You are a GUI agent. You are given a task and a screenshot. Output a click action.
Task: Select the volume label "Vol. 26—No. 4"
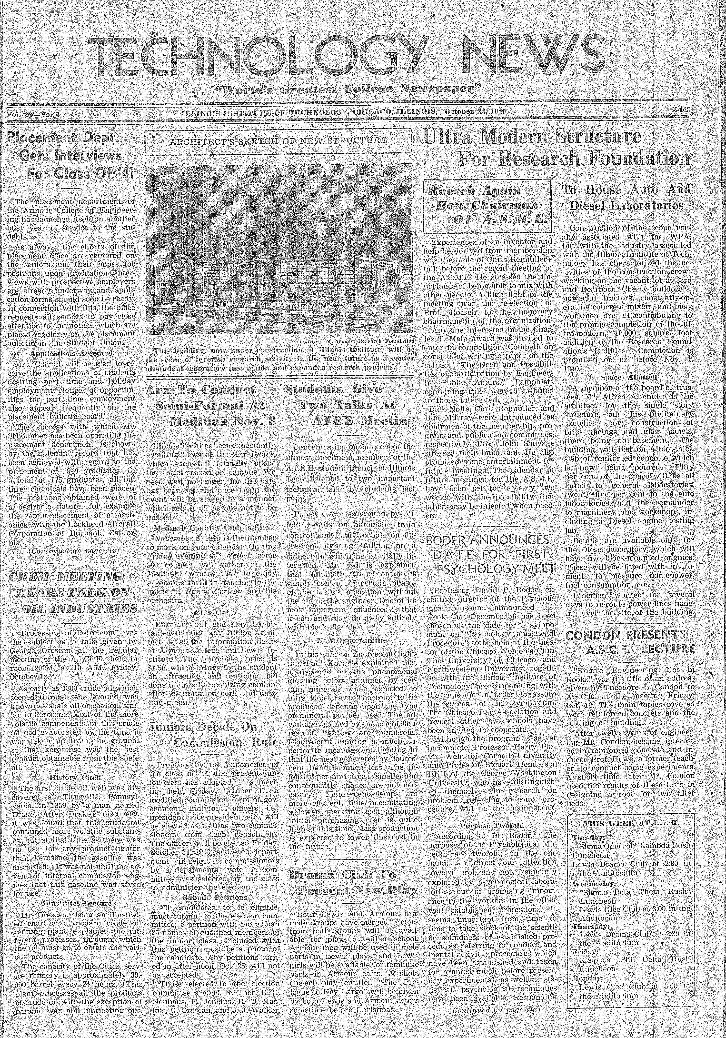click(x=34, y=114)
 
